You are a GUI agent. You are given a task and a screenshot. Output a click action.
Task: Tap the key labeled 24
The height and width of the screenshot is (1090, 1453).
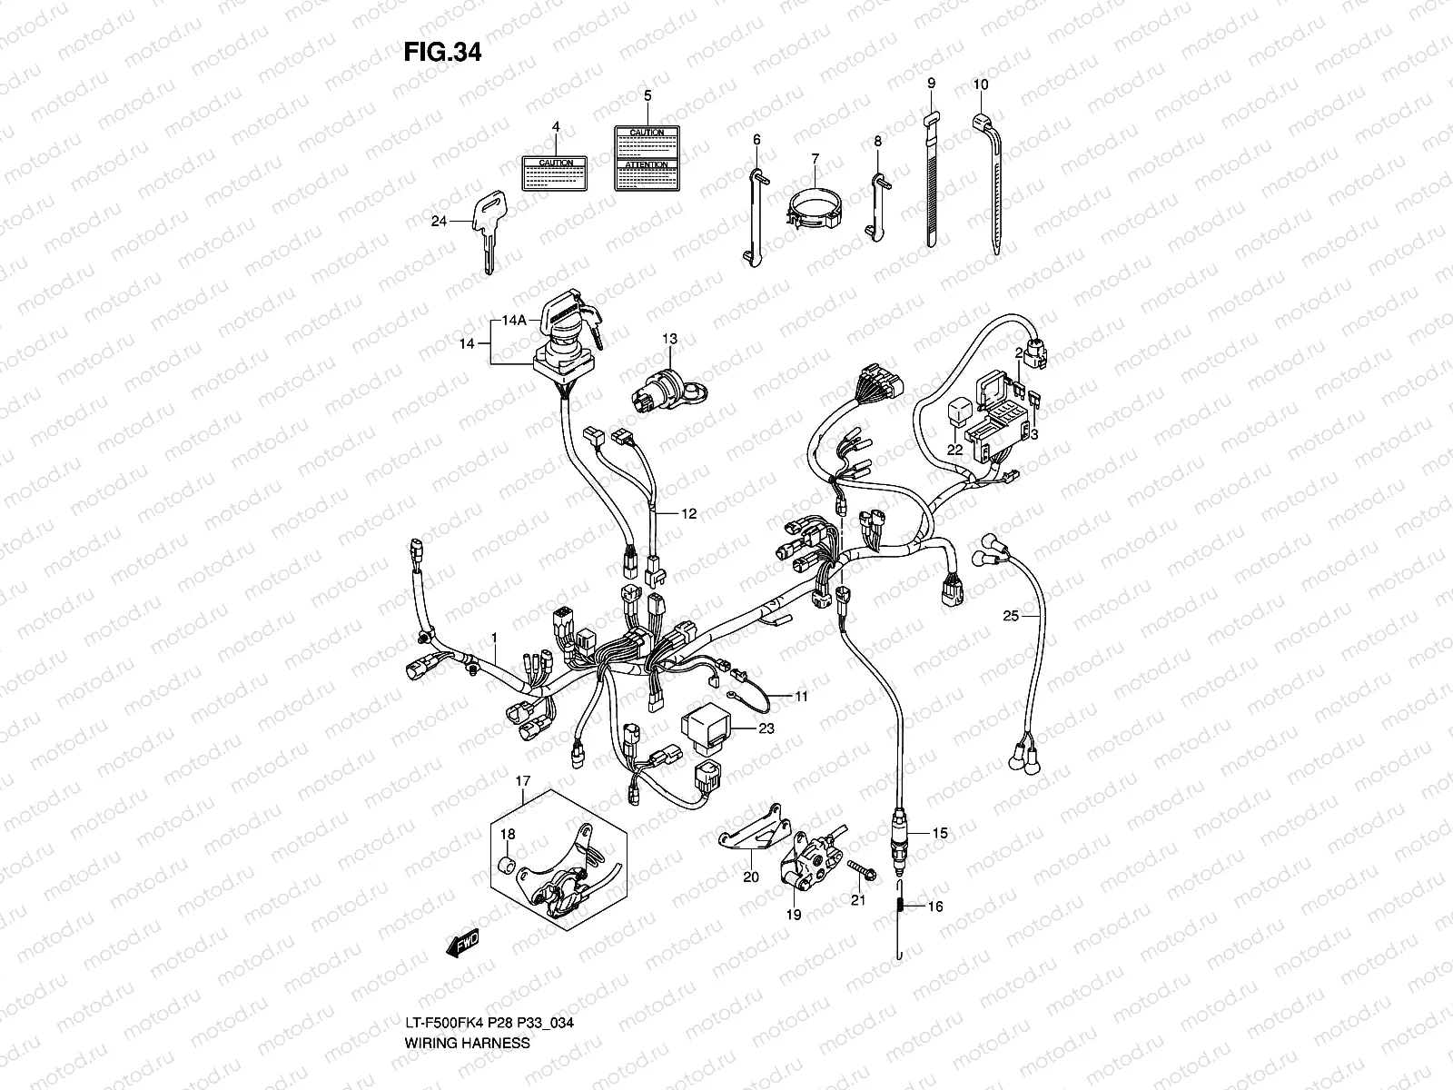[x=487, y=227]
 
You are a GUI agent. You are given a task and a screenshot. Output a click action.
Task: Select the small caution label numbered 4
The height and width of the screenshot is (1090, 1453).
[x=556, y=172]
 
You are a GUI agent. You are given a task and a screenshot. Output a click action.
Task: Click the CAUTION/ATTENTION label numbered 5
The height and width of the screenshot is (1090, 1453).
[x=647, y=158]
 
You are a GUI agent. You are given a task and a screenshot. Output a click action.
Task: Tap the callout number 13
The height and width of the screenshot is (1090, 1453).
[x=669, y=339]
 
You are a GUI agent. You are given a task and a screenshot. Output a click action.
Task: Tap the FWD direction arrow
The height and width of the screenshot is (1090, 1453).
[x=461, y=944]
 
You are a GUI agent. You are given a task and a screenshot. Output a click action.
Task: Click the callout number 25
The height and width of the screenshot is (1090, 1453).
[x=1011, y=616]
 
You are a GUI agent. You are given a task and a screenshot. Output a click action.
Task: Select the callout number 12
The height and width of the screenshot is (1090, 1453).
[x=688, y=514]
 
